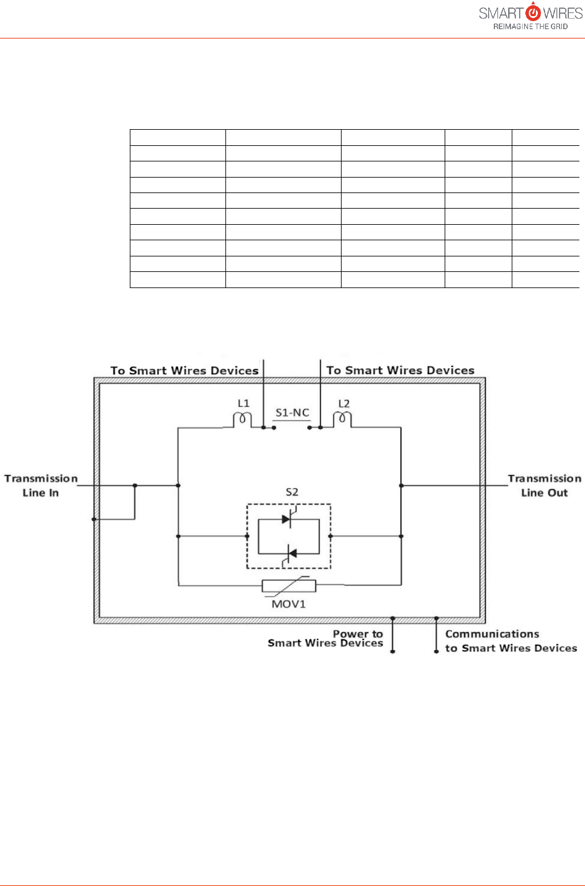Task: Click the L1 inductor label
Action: (x=243, y=404)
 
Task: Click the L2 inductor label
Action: (x=343, y=404)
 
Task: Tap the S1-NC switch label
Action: (x=292, y=413)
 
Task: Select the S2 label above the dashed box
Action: (x=292, y=492)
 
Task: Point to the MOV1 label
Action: (x=289, y=603)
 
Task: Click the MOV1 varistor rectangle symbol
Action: (x=289, y=585)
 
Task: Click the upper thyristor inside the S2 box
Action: (x=287, y=519)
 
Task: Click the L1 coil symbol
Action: (x=242, y=420)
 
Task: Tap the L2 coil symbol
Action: (x=342, y=420)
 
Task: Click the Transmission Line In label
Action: (x=41, y=486)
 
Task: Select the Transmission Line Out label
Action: (x=545, y=486)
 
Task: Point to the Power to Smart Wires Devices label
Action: (x=325, y=638)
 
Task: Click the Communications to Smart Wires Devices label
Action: (x=510, y=641)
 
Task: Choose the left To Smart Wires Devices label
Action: (x=184, y=371)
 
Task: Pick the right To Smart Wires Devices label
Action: (x=401, y=371)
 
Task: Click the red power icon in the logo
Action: (x=533, y=12)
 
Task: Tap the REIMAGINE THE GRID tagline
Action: (x=530, y=27)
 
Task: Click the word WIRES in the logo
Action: (x=563, y=12)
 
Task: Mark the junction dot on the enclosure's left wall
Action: (x=94, y=519)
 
